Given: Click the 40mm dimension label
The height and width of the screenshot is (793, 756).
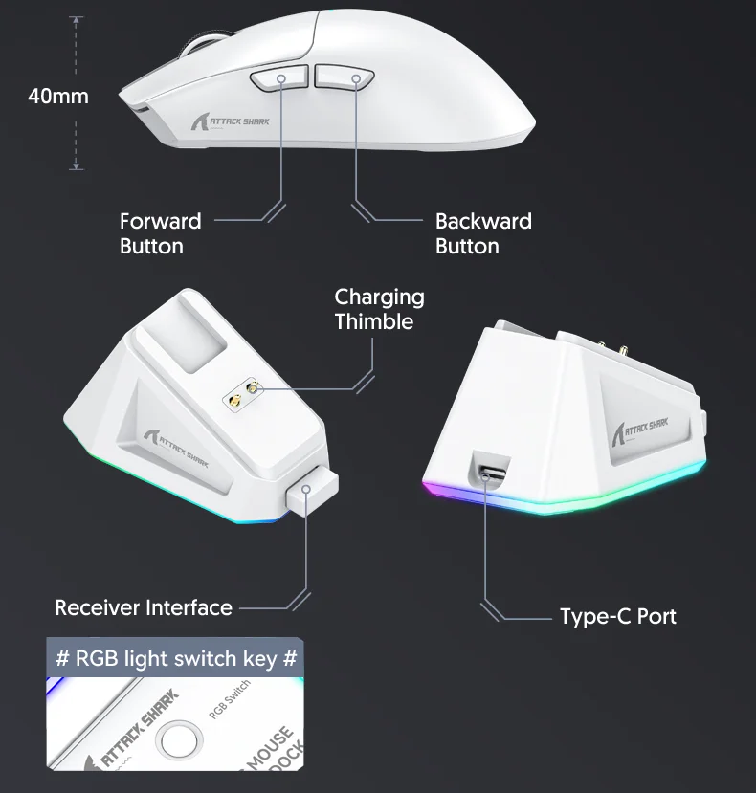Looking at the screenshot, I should click(x=57, y=96).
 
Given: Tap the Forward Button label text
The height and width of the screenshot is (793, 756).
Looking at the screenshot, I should click(x=160, y=233).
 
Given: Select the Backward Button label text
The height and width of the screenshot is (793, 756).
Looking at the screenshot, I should click(x=482, y=233).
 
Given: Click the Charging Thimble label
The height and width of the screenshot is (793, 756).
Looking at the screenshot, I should click(x=379, y=309).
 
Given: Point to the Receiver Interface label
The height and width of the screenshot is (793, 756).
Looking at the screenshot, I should click(x=144, y=607).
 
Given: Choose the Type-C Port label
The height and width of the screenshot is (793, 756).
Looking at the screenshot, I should click(x=617, y=616).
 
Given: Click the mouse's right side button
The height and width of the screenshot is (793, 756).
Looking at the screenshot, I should click(x=344, y=78).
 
